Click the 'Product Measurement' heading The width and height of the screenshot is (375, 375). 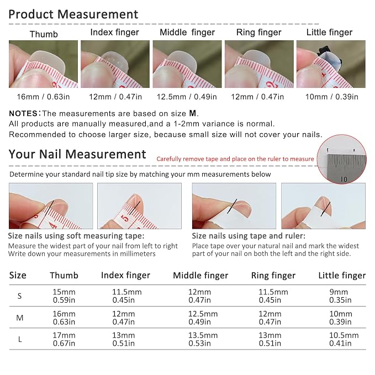(73, 14)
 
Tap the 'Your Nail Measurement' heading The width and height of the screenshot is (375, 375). (77, 154)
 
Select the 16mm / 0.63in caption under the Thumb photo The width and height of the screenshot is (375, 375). (43, 97)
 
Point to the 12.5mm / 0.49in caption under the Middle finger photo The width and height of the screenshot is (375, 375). (187, 97)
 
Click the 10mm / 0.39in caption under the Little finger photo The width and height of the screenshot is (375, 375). (332, 97)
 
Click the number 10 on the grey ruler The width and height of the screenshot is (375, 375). (344, 179)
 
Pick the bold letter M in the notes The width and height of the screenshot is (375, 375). (193, 113)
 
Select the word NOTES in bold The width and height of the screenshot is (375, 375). (23, 113)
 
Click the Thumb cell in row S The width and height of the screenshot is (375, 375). (64, 296)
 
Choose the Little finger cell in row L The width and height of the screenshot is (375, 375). (344, 339)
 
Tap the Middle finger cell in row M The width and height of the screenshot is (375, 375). (203, 318)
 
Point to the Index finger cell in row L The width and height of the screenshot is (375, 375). (124, 339)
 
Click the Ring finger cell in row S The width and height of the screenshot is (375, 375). (273, 296)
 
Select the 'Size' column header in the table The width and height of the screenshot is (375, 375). (18, 275)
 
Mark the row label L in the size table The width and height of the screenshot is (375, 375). (20, 339)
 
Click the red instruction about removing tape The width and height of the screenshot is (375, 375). (235, 159)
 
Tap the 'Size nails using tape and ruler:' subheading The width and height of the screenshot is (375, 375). (249, 236)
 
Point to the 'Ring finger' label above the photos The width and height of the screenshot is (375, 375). (259, 32)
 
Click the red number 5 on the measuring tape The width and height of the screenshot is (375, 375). (125, 218)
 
